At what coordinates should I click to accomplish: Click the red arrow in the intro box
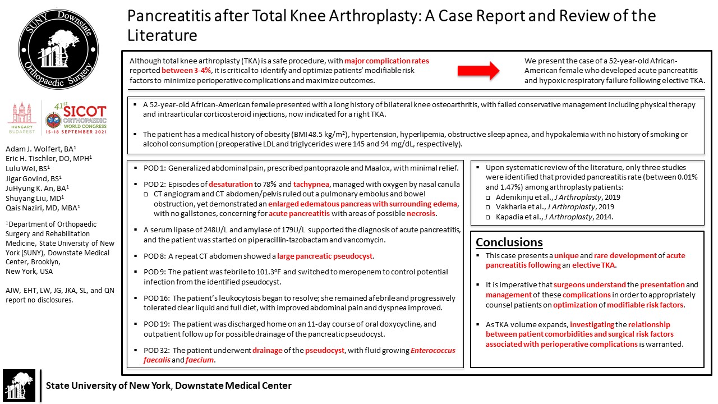click(478, 70)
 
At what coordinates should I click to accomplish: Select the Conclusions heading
click(509, 242)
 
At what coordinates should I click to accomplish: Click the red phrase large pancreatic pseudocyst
click(325, 256)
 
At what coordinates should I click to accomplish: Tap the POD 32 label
click(155, 351)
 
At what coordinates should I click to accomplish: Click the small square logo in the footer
click(19, 385)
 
